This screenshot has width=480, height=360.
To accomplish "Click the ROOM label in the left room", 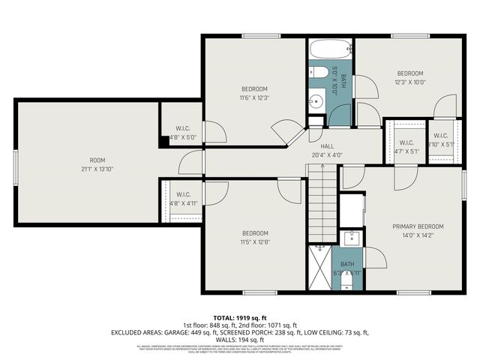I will point(97,160).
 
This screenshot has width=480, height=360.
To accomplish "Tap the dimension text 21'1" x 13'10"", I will point(97,169).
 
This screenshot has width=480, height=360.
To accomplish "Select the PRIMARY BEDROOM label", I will point(418,226).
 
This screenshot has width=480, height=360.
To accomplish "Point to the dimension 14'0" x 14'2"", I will point(418,235).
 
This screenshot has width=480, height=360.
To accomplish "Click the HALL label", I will point(327,146).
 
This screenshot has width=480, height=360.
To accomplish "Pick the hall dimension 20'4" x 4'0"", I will point(327,155).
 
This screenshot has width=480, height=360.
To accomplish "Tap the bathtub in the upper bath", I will point(330,50).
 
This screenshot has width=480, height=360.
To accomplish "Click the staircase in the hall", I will point(322,194).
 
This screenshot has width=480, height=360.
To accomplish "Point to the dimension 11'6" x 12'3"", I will point(254,97).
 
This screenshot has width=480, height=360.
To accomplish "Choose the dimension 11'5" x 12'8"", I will point(254,242).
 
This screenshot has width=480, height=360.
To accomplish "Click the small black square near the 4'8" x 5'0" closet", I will point(163,139).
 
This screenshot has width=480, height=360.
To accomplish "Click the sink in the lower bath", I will point(351,239).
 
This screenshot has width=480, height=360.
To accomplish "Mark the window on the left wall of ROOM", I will point(16,163).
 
